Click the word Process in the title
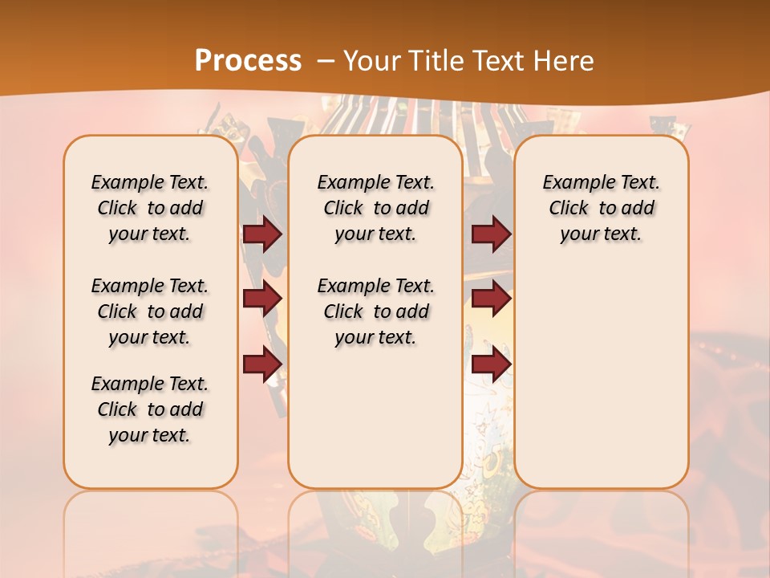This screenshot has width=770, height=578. [x=248, y=60]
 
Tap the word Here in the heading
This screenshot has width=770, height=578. [x=565, y=61]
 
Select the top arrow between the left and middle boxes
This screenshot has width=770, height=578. [x=262, y=234]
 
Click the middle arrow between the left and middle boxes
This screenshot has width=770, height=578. [x=262, y=299]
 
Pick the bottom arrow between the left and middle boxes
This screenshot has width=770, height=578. [x=262, y=365]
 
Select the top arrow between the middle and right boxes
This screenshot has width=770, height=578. [x=491, y=234]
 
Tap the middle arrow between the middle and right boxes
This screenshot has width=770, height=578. [x=491, y=299]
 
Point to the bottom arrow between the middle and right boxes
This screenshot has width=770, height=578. [x=491, y=365]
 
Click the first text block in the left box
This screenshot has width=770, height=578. [x=150, y=208]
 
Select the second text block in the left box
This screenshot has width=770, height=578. [x=150, y=311]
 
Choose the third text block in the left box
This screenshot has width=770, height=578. [x=150, y=409]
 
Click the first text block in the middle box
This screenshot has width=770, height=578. [x=375, y=208]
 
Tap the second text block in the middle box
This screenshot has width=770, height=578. [x=375, y=311]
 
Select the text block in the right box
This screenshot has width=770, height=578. [x=602, y=208]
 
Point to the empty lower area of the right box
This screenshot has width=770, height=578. [x=602, y=369]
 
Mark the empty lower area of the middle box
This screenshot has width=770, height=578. [x=375, y=417]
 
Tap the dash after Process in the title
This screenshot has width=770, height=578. [x=326, y=60]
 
